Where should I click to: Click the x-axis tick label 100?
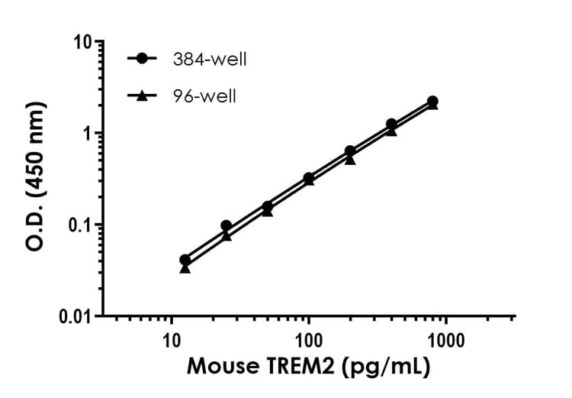[x=308, y=338]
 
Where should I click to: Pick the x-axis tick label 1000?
[x=445, y=338]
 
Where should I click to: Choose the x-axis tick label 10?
[x=171, y=338]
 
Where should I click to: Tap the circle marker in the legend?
[x=141, y=60]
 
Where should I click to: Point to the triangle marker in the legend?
[x=141, y=95]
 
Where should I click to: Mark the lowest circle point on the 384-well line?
[x=185, y=260]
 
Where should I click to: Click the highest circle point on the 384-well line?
[x=432, y=101]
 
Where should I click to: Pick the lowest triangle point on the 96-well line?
[x=185, y=268]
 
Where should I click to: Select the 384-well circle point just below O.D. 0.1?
[x=226, y=225]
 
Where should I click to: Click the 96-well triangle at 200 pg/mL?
[x=350, y=160]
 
